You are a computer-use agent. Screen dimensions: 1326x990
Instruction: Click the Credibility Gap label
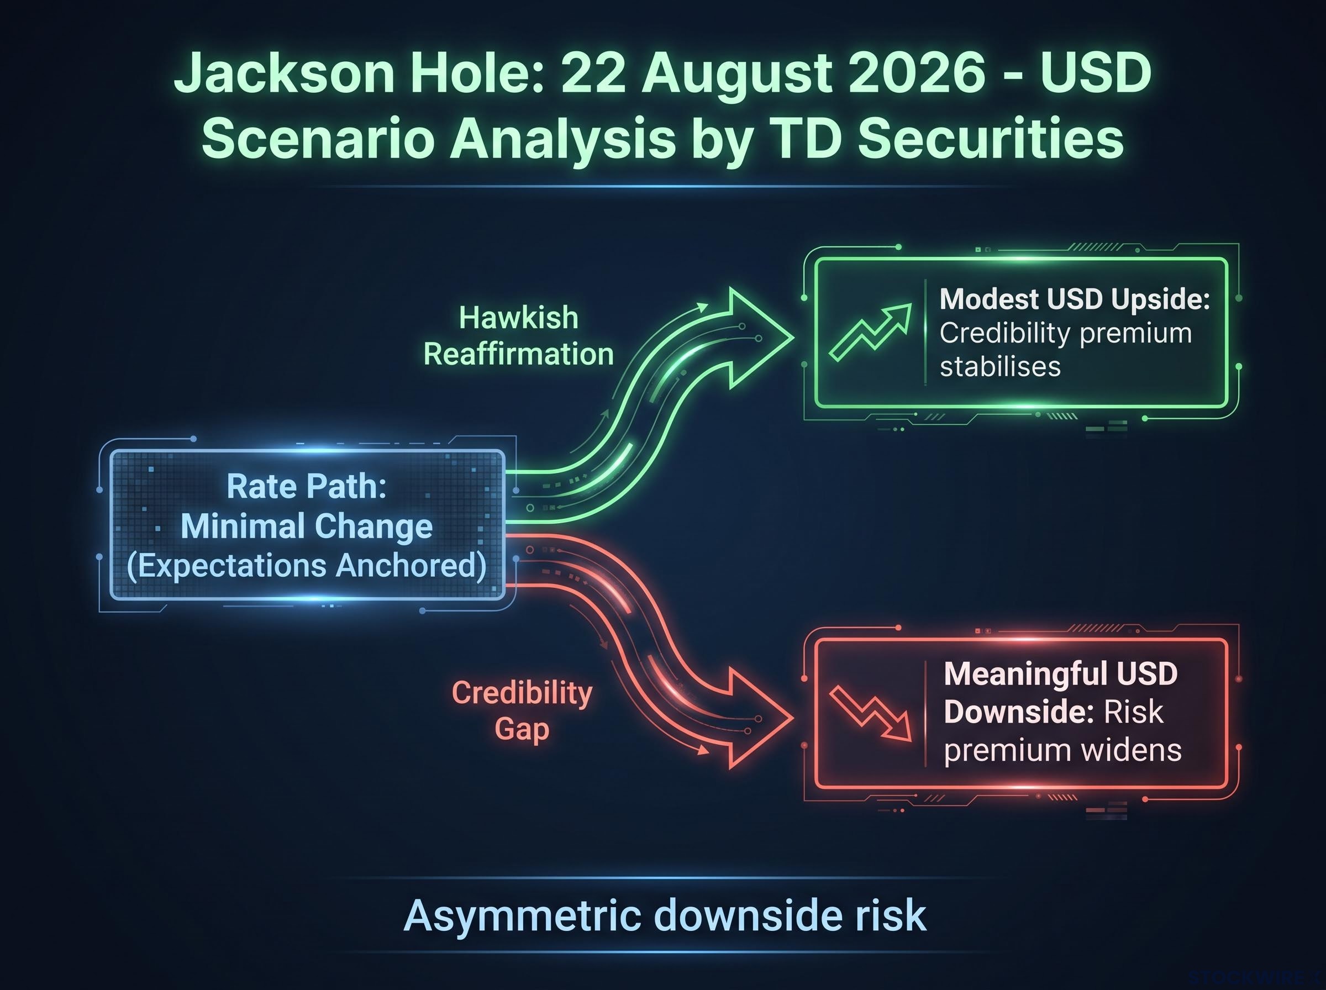[x=522, y=712]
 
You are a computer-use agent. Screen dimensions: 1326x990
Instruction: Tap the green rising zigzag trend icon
[x=870, y=332]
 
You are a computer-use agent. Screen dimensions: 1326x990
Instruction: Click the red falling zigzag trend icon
[x=870, y=713]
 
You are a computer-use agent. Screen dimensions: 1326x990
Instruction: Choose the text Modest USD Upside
[x=1075, y=299]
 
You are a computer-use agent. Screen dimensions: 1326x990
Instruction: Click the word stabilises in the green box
[x=1000, y=367]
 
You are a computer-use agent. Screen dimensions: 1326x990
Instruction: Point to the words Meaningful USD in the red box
[x=1061, y=673]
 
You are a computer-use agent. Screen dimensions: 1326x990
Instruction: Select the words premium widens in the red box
[x=1062, y=750]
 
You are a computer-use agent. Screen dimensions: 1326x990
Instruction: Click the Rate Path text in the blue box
[x=307, y=486]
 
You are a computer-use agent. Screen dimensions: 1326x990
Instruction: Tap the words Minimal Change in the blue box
[x=307, y=526]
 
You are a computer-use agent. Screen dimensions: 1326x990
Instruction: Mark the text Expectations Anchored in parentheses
[x=307, y=566]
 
